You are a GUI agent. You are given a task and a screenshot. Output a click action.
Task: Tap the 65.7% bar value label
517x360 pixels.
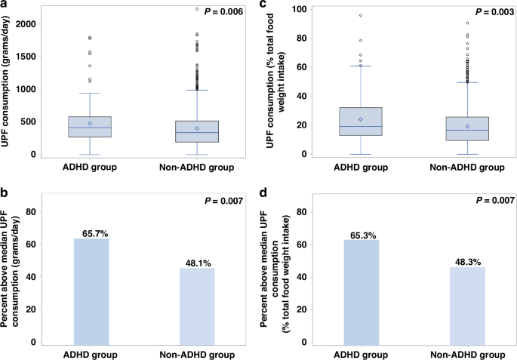pos(91,233)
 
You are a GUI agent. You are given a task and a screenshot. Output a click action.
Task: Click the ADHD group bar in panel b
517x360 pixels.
pos(91,291)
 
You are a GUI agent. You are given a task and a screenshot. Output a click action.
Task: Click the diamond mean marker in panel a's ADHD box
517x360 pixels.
pos(91,123)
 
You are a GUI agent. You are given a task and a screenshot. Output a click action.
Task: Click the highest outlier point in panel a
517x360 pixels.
pos(196,10)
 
